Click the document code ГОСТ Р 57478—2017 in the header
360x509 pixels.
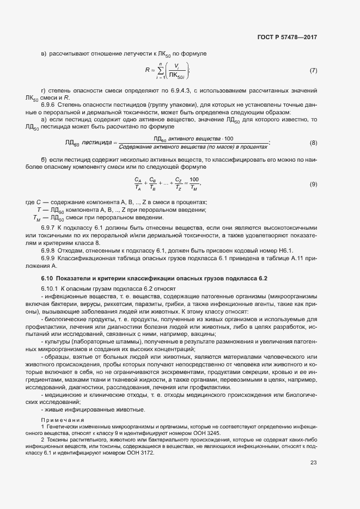tap(286, 38)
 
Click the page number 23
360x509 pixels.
tap(313, 463)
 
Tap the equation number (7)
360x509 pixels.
tap(313, 71)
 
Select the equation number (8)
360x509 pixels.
tap(313, 143)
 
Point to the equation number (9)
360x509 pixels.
tap(313, 184)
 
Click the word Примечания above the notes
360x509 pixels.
tap(62, 420)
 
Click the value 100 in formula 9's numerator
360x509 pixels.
tap(194, 180)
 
